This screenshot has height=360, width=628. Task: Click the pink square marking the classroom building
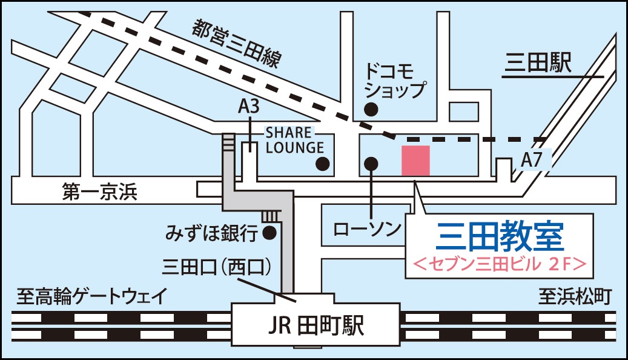click(x=416, y=161)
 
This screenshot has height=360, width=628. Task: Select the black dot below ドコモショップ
click(x=371, y=109)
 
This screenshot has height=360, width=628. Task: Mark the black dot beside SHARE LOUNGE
click(x=323, y=163)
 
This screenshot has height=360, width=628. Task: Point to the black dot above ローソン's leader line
click(x=371, y=163)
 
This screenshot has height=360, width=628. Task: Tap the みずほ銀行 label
click(x=212, y=232)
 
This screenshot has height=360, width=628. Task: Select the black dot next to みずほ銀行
click(x=269, y=232)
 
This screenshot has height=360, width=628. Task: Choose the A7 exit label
click(x=530, y=161)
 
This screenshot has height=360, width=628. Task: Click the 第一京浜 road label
click(x=100, y=193)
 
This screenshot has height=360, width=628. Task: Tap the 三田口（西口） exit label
click(x=216, y=267)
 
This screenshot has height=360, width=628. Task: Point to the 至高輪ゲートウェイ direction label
click(x=91, y=297)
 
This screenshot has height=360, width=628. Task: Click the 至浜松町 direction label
click(x=575, y=297)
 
